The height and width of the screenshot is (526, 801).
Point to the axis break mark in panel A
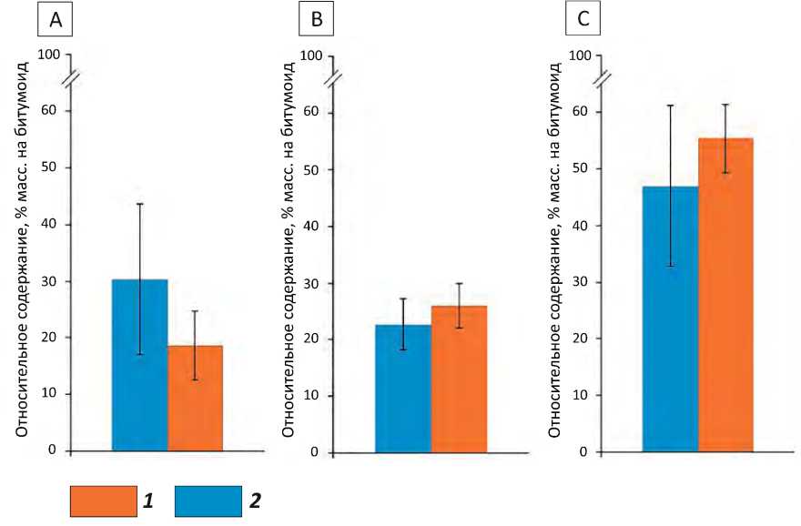point(71,79)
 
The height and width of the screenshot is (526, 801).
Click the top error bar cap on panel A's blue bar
point(139,203)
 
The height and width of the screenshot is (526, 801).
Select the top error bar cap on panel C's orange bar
point(725,105)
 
